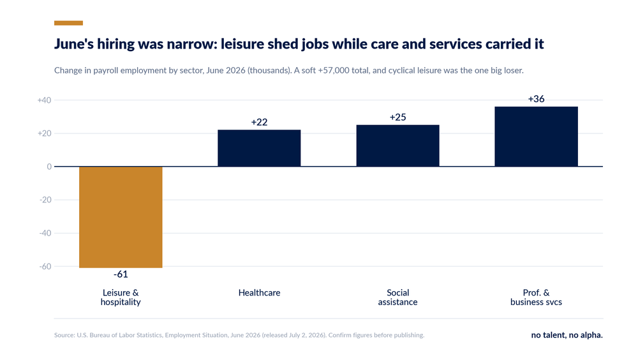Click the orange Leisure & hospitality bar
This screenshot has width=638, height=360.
pyautogui.click(x=121, y=217)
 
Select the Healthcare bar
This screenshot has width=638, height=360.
pyautogui.click(x=259, y=148)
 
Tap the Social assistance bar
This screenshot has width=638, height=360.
pyautogui.click(x=397, y=146)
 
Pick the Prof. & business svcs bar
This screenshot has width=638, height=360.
pyautogui.click(x=537, y=137)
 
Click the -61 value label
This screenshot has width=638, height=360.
pyautogui.click(x=121, y=274)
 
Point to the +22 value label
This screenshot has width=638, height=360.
pyautogui.click(x=259, y=122)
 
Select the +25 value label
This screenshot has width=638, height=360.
pyautogui.click(x=397, y=117)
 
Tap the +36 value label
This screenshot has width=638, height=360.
pyautogui.click(x=537, y=99)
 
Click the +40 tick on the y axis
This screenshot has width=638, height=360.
pyautogui.click(x=45, y=100)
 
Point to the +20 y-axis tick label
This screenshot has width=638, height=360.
pyautogui.click(x=45, y=133)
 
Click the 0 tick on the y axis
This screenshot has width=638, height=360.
pyautogui.click(x=49, y=167)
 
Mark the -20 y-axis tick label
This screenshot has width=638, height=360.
pyautogui.click(x=45, y=200)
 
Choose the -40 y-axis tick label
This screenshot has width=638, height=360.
pyautogui.click(x=45, y=234)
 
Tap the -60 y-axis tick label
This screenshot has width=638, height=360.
pyautogui.click(x=45, y=266)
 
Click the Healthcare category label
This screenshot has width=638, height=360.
pyautogui.click(x=259, y=293)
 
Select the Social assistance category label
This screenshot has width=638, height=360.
pyautogui.click(x=397, y=297)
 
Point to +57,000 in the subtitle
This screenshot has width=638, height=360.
pyautogui.click(x=334, y=70)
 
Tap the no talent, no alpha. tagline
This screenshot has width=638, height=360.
pyautogui.click(x=567, y=334)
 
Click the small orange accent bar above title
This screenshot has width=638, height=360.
pyautogui.click(x=68, y=23)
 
